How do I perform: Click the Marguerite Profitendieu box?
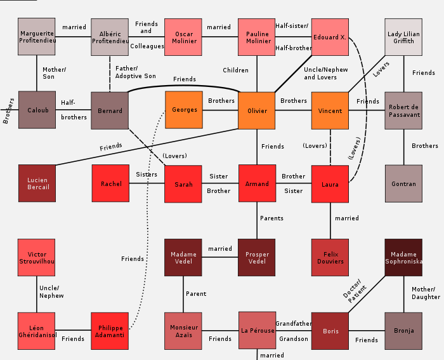pyautogui.click(x=37, y=37)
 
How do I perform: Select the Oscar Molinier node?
pyautogui.click(x=184, y=37)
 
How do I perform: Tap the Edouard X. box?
pyautogui.click(x=330, y=37)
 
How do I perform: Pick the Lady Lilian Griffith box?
pyautogui.click(x=403, y=37)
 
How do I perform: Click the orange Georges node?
pyautogui.click(x=184, y=110)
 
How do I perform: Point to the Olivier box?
pyautogui.click(x=257, y=110)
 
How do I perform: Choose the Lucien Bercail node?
pyautogui.click(x=37, y=184)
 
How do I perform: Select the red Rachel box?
pyautogui.click(x=111, y=184)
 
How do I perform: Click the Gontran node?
pyautogui.click(x=403, y=184)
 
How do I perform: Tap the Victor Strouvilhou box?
pyautogui.click(x=37, y=258)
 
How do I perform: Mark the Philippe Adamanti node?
pyautogui.click(x=111, y=331)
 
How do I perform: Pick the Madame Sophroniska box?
pyautogui.click(x=403, y=258)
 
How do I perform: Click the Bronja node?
pyautogui.click(x=403, y=331)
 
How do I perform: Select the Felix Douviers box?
pyautogui.click(x=330, y=258)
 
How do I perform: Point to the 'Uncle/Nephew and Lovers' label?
pyautogui.click(x=320, y=73)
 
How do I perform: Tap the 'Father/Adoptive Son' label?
pyautogui.click(x=135, y=72)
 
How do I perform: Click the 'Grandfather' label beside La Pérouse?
pyautogui.click(x=293, y=324)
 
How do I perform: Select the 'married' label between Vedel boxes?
pyautogui.click(x=220, y=249)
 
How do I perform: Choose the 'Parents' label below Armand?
pyautogui.click(x=271, y=218)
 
